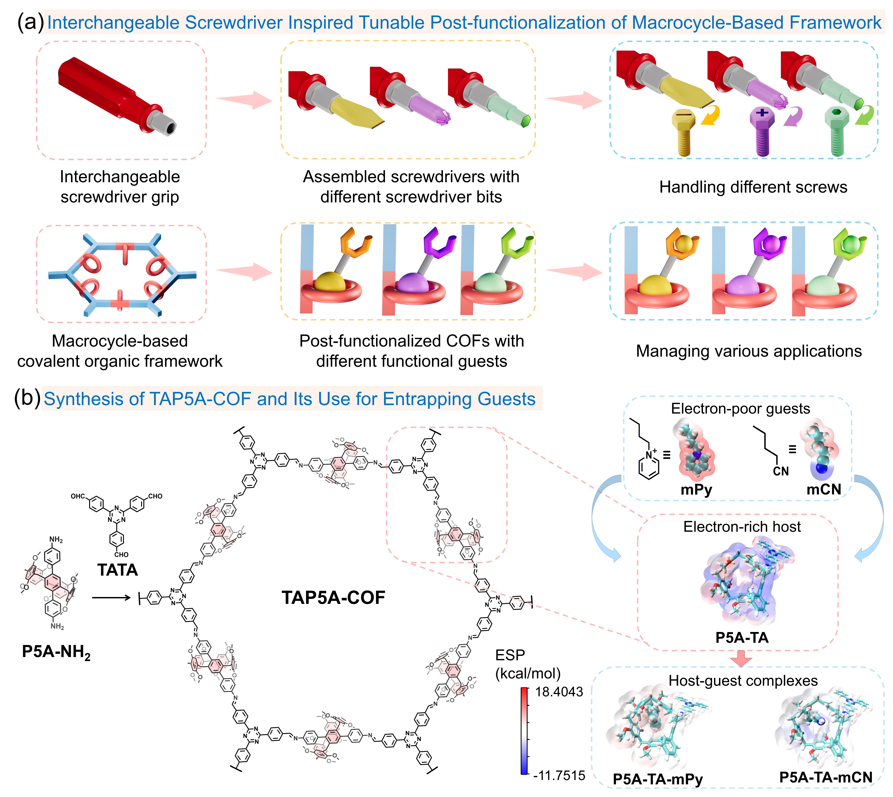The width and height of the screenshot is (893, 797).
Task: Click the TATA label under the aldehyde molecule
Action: tap(117, 570)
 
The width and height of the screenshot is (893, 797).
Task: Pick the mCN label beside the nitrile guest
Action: tap(824, 489)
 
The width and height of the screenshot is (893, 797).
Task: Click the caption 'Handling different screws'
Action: tap(753, 187)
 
